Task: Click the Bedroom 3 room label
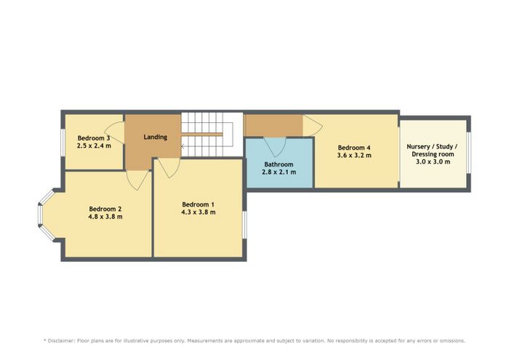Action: tap(94, 138)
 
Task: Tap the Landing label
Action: tap(156, 137)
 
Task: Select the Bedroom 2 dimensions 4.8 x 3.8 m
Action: tap(105, 217)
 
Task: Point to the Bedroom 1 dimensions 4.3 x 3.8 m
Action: tap(199, 212)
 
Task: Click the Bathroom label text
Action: tap(278, 164)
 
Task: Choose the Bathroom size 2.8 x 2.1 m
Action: tap(278, 172)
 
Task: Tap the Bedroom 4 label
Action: tap(354, 148)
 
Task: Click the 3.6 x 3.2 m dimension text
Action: tap(354, 156)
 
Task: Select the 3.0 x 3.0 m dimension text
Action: tap(433, 161)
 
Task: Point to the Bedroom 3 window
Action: tap(63, 143)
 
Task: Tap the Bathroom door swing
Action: tap(275, 145)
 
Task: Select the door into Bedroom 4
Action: tap(312, 126)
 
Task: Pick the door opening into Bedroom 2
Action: tap(138, 180)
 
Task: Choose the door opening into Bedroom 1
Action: tap(169, 168)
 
